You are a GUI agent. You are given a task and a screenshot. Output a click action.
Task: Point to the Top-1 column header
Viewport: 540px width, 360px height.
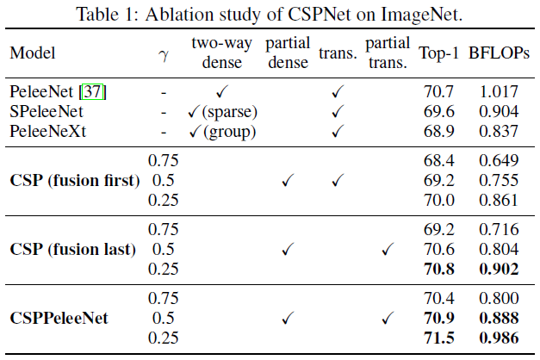(438, 53)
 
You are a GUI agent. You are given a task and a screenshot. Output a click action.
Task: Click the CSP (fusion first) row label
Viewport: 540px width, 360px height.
(74, 181)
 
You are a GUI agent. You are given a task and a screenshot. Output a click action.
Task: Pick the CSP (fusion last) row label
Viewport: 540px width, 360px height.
(73, 250)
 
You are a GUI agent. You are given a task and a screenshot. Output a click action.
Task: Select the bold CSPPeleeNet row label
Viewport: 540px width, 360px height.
(59, 319)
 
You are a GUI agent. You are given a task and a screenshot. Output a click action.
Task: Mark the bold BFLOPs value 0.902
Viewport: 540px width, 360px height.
(499, 270)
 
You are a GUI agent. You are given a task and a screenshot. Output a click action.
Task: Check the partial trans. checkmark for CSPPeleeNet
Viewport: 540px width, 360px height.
(387, 319)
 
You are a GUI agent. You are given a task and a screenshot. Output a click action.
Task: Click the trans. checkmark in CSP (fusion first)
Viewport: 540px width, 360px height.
(337, 181)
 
